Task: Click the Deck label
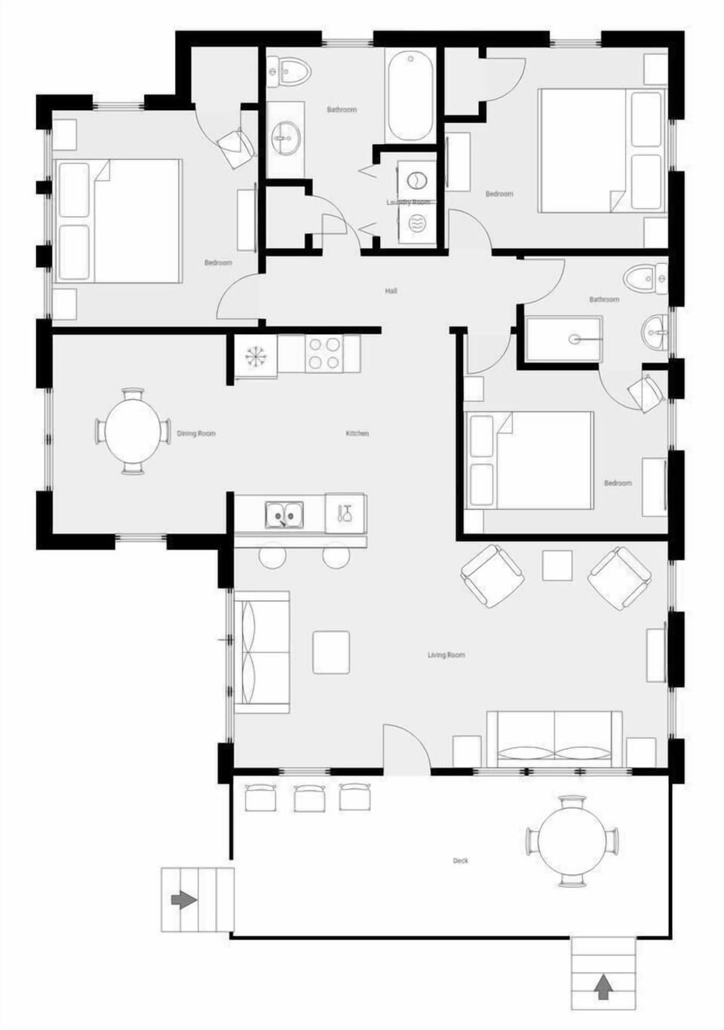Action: pos(460,860)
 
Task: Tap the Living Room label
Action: pos(446,655)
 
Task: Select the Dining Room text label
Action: pos(196,434)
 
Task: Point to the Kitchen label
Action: pos(357,434)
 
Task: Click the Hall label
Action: pos(391,291)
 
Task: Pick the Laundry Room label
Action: pos(408,202)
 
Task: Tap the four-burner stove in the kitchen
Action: pos(324,354)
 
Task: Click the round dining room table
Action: pos(133,432)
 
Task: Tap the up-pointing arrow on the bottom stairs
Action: pos(602,986)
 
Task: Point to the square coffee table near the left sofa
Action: pos(331,652)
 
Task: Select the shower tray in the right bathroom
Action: pos(564,340)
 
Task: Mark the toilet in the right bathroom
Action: pos(649,279)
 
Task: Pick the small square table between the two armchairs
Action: pos(557,566)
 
